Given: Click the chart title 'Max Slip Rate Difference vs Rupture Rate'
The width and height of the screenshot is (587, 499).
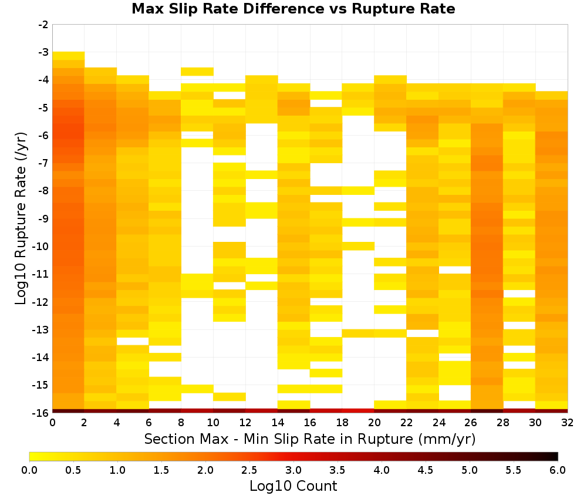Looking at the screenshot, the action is (x=293, y=9).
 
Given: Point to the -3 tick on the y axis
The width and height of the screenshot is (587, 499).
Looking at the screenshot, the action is (x=43, y=52).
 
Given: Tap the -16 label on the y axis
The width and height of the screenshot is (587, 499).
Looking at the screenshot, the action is (x=42, y=413).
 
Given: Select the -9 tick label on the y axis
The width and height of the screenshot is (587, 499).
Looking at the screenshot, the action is (x=43, y=218).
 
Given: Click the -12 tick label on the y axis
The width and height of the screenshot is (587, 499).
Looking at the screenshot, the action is (x=42, y=302).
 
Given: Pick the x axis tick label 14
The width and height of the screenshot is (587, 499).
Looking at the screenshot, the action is (x=278, y=423).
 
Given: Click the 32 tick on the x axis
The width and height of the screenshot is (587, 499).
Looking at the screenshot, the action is (x=568, y=423).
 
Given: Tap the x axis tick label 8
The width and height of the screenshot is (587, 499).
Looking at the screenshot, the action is (x=181, y=423).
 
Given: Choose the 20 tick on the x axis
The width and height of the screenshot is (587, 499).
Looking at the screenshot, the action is (x=375, y=423).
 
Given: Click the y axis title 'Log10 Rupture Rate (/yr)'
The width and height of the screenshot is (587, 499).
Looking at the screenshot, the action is (x=21, y=218).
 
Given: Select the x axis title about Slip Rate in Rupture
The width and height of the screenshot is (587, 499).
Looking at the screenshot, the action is (x=310, y=439).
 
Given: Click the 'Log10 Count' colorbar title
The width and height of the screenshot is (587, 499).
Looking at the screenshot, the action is (x=293, y=486).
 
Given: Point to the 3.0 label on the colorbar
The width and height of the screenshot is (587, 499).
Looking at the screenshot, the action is (x=293, y=470).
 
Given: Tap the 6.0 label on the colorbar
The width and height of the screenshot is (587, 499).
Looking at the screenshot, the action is (x=558, y=470).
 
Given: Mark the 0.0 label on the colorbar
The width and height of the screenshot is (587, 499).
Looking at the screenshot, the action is (x=29, y=470).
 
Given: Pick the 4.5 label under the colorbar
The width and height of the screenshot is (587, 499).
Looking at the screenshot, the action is (x=425, y=470).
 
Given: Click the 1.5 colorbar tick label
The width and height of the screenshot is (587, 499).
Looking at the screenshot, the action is (x=161, y=470).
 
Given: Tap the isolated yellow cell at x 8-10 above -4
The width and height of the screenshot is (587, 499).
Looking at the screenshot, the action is (x=197, y=72).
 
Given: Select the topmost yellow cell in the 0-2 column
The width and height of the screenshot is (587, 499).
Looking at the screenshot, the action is (x=69, y=56).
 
